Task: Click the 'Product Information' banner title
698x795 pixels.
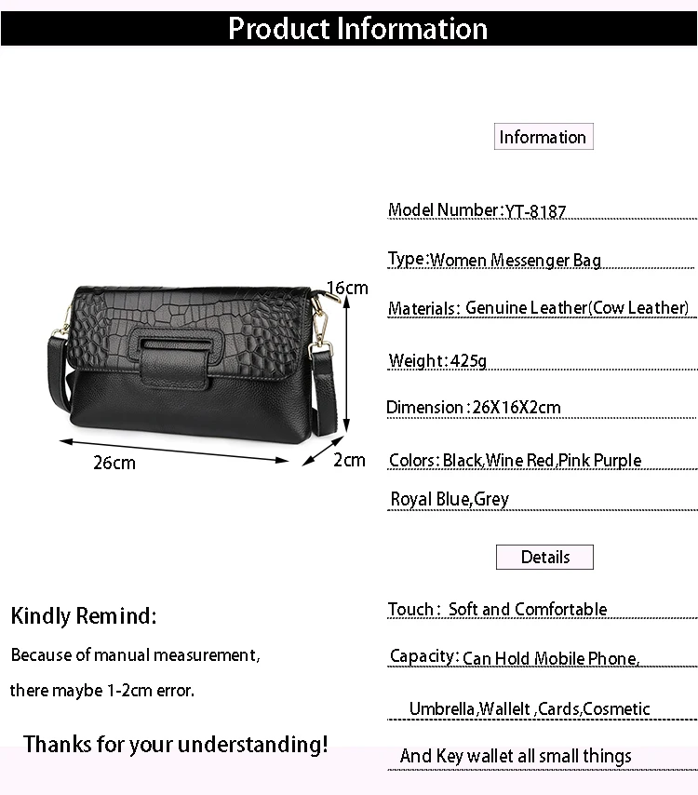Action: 357,28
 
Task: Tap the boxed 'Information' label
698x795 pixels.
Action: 543,137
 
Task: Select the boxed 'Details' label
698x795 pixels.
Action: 544,557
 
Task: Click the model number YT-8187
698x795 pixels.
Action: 535,211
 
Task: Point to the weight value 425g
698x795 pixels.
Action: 468,360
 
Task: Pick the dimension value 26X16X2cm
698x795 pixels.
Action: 517,407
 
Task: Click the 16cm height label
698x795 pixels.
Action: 347,288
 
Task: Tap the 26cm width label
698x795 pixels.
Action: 114,463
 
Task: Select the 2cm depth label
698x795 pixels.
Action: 349,460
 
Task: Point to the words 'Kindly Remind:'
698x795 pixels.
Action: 84,615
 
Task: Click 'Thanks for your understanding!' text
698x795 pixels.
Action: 176,744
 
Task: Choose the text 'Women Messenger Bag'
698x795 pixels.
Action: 516,260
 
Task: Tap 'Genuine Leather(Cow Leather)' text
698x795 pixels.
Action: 577,308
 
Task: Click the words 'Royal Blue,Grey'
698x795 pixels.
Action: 450,499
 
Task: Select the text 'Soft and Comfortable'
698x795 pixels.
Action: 528,609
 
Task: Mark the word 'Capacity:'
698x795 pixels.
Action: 423,656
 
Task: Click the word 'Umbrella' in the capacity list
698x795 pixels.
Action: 442,708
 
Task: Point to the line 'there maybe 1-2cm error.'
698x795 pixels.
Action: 102,691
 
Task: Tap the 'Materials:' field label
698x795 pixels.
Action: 423,308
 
